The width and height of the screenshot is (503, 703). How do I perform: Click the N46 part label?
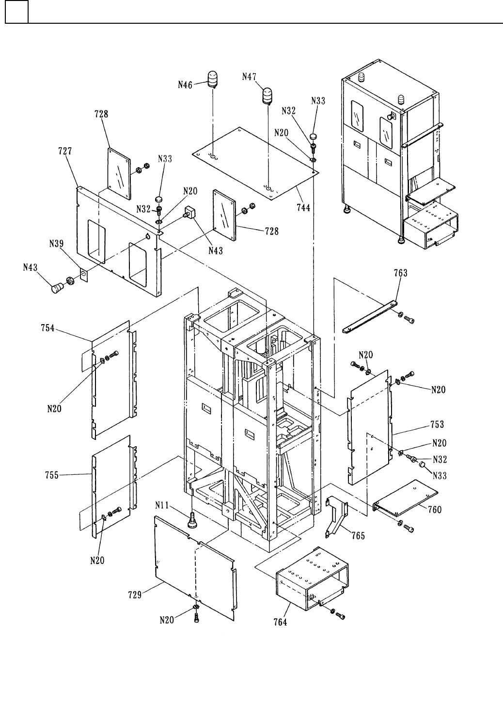pyautogui.click(x=185, y=84)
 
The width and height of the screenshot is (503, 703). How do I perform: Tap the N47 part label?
pyautogui.click(x=249, y=77)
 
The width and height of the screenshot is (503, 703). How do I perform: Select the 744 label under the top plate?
pyautogui.click(x=303, y=207)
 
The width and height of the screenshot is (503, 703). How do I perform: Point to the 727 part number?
pyautogui.click(x=65, y=151)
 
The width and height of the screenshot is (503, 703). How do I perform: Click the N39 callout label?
pyautogui.click(x=56, y=244)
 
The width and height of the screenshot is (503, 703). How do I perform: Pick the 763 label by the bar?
pyautogui.click(x=401, y=273)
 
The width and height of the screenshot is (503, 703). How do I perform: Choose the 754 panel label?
pyautogui.click(x=47, y=328)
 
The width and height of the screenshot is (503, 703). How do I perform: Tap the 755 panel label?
pyautogui.click(x=52, y=475)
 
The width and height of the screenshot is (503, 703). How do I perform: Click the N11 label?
pyautogui.click(x=162, y=505)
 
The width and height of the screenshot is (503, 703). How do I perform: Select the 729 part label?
pyautogui.click(x=135, y=595)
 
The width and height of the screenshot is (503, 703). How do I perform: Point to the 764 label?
pyautogui.click(x=280, y=622)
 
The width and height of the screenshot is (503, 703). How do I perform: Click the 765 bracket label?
pyautogui.click(x=358, y=536)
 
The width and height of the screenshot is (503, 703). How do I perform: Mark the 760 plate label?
pyautogui.click(x=435, y=510)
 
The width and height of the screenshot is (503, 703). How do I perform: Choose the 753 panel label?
pyautogui.click(x=437, y=424)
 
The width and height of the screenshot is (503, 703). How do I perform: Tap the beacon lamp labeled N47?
pyautogui.click(x=268, y=96)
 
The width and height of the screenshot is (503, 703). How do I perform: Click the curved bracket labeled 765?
pyautogui.click(x=337, y=516)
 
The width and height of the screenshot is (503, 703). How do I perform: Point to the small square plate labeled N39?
pyautogui.click(x=84, y=275)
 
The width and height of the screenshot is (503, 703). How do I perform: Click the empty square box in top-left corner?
pyautogui.click(x=16, y=12)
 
